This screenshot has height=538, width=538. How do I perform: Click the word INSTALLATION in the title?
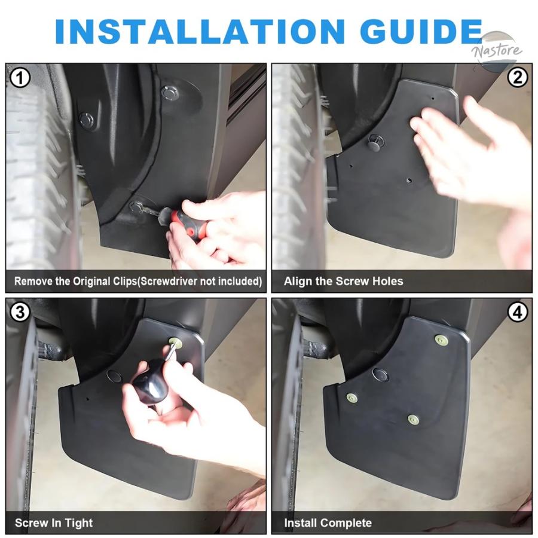200,31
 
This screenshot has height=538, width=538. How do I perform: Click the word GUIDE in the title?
421,31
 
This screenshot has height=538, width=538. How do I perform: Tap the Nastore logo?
497,51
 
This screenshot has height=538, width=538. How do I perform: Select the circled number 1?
20,78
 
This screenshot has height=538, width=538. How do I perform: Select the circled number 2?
518,78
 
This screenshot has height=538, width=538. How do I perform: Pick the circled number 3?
20,313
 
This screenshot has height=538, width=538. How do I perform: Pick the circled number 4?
518,313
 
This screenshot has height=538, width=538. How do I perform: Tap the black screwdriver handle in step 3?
151,381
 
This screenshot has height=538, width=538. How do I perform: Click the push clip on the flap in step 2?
377,141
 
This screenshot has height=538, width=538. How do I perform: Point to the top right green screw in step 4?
441,340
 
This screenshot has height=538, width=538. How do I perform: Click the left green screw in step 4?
351,398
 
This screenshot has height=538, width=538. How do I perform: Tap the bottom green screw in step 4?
413,419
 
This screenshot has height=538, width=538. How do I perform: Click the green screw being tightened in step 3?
175,341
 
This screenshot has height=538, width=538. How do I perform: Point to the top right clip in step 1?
170,93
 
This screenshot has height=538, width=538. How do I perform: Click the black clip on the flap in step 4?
381,375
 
